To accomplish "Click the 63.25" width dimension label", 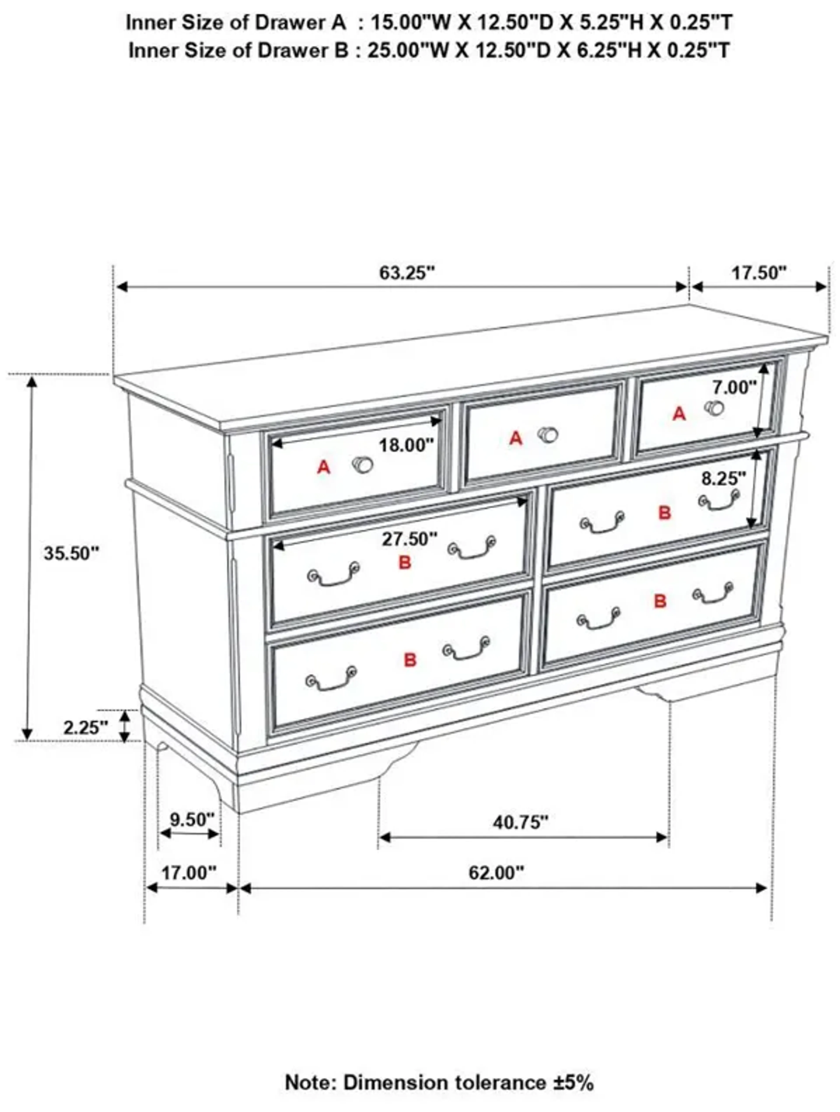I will point(406,273).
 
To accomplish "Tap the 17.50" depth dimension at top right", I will point(758,273).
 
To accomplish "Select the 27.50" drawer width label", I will point(409,539).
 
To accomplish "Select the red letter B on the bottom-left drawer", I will point(410,659).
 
